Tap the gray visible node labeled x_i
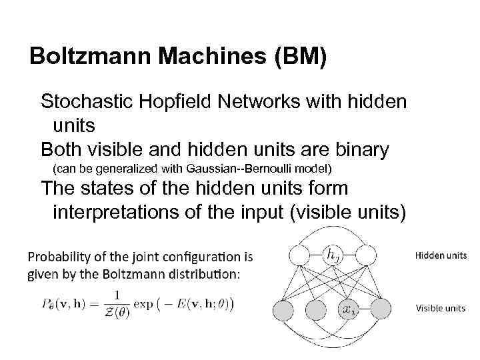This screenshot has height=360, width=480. tap(349, 308)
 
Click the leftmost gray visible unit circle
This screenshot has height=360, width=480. tap(285, 308)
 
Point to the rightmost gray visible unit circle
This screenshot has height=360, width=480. tap(381, 308)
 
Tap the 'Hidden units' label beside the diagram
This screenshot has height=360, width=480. tap(441, 255)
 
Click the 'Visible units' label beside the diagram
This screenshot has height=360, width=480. tap(441, 308)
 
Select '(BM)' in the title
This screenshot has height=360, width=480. tap(297, 57)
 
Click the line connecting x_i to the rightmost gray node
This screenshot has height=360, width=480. tap(365, 308)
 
